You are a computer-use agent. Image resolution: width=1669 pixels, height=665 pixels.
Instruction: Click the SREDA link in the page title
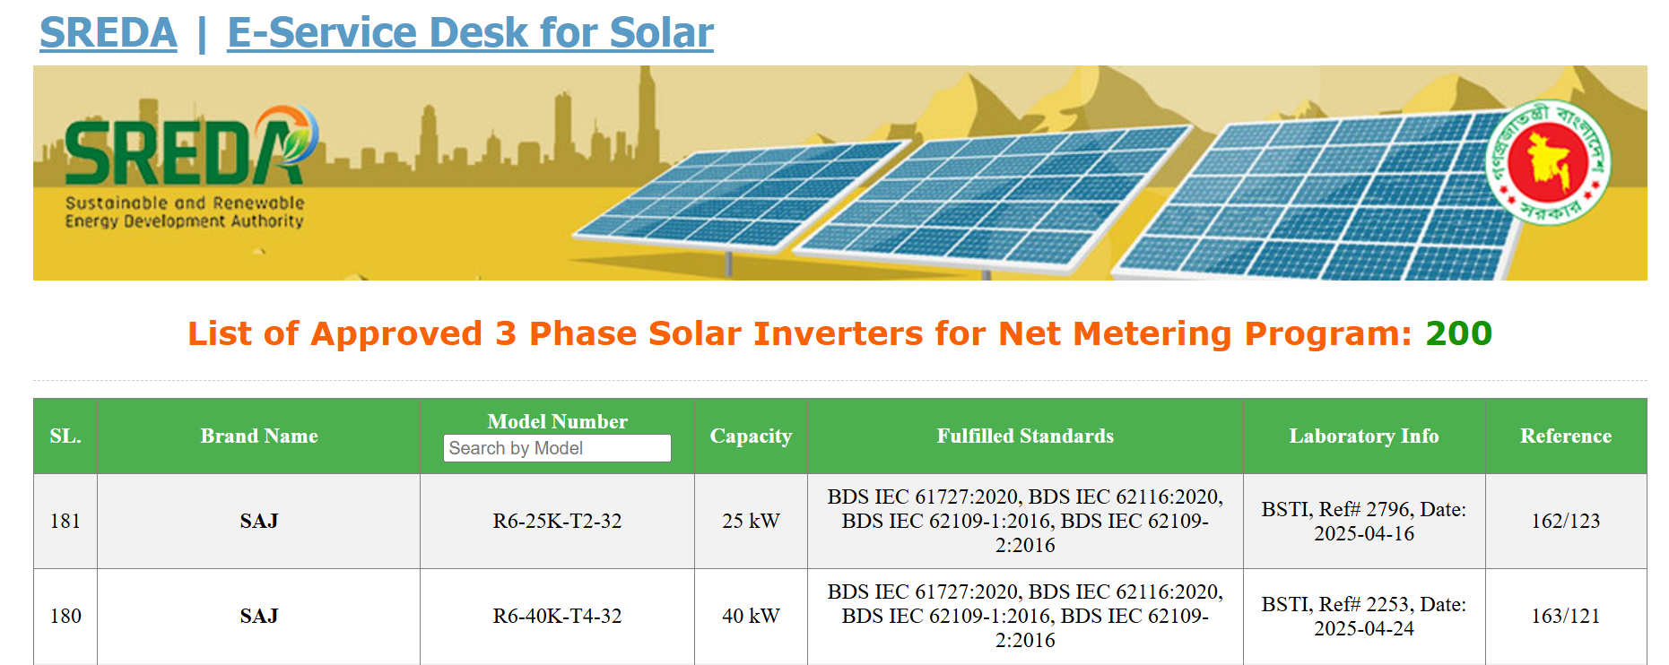point(109,33)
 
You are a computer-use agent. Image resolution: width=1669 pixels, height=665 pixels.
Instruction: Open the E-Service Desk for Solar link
point(470,33)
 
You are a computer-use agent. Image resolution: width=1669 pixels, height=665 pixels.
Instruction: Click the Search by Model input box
point(557,448)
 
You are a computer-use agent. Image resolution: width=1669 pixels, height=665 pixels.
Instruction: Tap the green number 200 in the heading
point(1458,333)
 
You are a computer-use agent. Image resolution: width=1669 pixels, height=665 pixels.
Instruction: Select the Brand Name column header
point(259,436)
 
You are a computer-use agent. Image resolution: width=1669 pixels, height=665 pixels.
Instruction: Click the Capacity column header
point(751,436)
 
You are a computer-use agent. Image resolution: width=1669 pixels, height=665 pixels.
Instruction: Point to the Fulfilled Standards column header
point(1025,436)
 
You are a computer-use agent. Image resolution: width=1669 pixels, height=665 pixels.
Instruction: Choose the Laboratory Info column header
point(1364,436)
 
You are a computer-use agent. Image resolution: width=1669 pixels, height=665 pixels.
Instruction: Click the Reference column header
point(1566,436)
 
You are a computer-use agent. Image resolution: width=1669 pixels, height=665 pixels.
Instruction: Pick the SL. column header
point(65,436)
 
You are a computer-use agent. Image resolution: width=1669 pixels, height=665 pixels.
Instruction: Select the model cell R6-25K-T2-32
point(557,521)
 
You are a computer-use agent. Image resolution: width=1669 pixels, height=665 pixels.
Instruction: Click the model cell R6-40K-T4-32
point(557,616)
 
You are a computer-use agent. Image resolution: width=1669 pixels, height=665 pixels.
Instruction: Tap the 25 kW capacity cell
point(751,521)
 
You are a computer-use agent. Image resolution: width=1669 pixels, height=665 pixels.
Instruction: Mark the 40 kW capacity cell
point(751,616)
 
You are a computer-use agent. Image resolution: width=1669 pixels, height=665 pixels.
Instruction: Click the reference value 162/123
point(1566,521)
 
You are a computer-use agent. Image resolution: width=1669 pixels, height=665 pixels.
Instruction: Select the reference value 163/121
point(1566,616)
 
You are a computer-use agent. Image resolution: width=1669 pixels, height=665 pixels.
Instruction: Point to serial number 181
point(65,521)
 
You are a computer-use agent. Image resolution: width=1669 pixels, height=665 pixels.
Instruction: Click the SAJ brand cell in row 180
point(259,616)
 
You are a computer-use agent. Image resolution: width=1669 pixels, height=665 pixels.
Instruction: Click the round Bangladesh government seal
point(1548,162)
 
